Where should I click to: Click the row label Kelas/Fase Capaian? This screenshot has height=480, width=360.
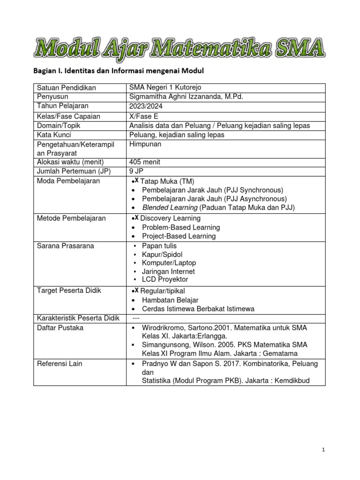click(x=68, y=116)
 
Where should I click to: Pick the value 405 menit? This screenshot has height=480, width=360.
click(x=144, y=162)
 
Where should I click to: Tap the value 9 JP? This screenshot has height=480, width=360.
click(x=136, y=171)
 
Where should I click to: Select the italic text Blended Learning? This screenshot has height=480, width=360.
click(x=170, y=208)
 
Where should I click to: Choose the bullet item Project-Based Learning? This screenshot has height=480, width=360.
click(x=179, y=236)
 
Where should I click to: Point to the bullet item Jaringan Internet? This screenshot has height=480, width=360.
click(x=168, y=271)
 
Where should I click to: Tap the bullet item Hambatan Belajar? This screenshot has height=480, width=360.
click(x=170, y=300)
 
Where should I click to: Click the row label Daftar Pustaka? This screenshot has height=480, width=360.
click(x=60, y=328)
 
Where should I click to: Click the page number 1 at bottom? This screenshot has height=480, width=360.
click(x=323, y=450)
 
